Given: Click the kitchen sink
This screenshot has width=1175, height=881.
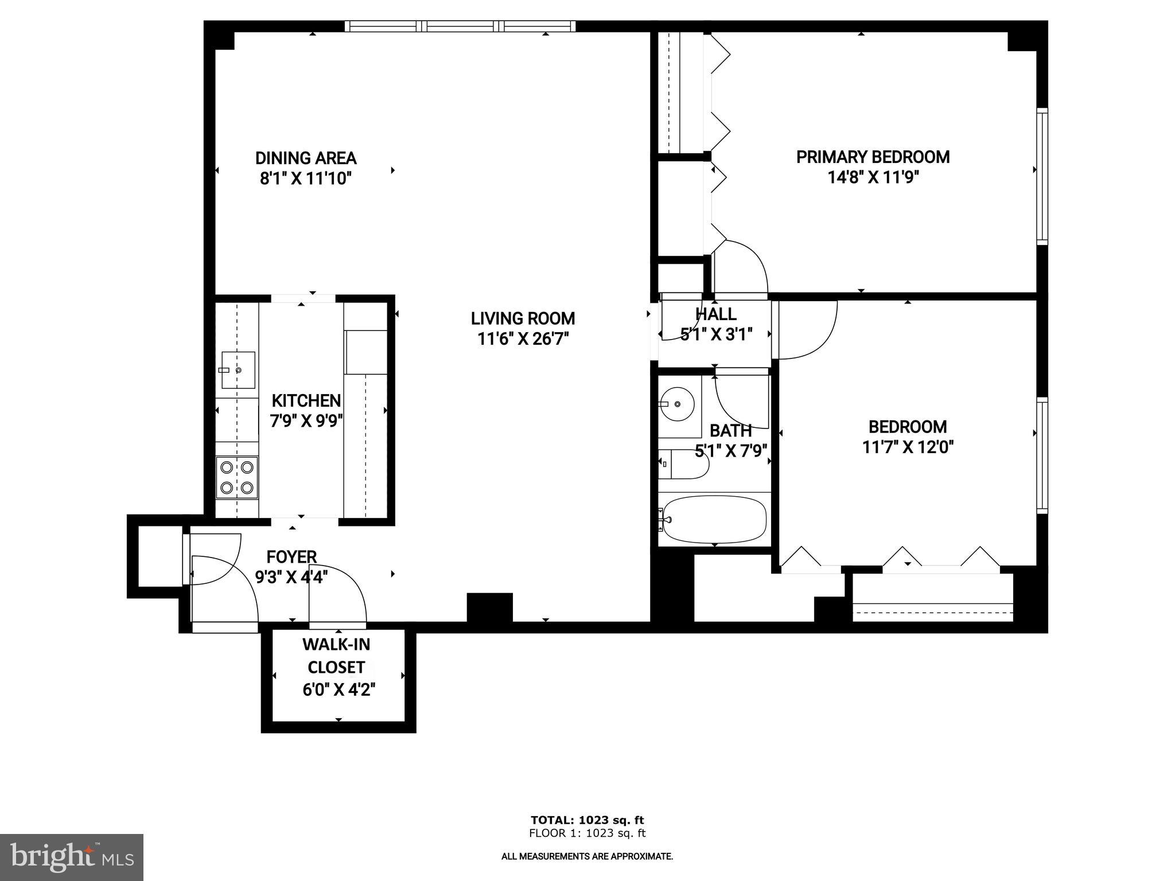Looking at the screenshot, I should [238, 370].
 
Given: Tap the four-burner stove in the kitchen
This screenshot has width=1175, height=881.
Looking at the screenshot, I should [237, 477].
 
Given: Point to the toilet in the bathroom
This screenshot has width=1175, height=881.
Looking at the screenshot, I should [683, 465].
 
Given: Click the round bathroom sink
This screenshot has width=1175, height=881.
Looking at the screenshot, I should [678, 404].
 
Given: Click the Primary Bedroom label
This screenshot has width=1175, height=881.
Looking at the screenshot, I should [873, 157].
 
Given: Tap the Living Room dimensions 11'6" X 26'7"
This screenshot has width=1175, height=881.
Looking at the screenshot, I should [523, 339].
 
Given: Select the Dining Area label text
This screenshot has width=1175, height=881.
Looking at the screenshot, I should [306, 158].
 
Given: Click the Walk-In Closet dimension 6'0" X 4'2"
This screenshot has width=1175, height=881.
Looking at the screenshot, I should [339, 689].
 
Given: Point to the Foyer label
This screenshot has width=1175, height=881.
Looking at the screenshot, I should [291, 557].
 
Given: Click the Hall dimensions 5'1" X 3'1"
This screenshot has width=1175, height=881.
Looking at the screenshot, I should [716, 334].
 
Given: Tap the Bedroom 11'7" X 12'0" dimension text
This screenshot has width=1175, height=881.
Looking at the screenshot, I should [908, 447].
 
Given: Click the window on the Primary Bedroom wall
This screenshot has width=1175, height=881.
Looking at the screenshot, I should [1042, 176].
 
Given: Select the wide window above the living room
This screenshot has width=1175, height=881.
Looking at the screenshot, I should [460, 26].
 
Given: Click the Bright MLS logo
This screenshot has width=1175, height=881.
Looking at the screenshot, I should [72, 857].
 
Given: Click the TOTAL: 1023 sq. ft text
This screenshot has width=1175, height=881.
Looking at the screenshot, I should [587, 820].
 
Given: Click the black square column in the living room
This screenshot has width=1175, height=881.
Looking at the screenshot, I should [489, 607].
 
